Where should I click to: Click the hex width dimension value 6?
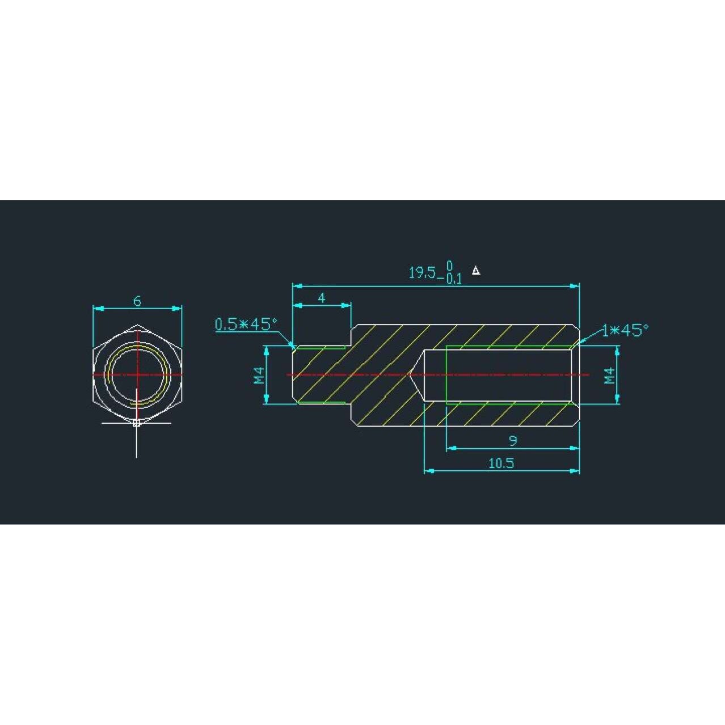click(137, 301)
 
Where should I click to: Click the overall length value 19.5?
click(421, 272)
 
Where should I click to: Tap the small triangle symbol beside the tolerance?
click(477, 271)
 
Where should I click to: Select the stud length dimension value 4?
click(322, 298)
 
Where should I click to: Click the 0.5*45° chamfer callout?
click(246, 324)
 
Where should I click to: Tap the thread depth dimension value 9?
click(513, 441)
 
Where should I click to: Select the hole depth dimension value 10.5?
click(501, 463)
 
